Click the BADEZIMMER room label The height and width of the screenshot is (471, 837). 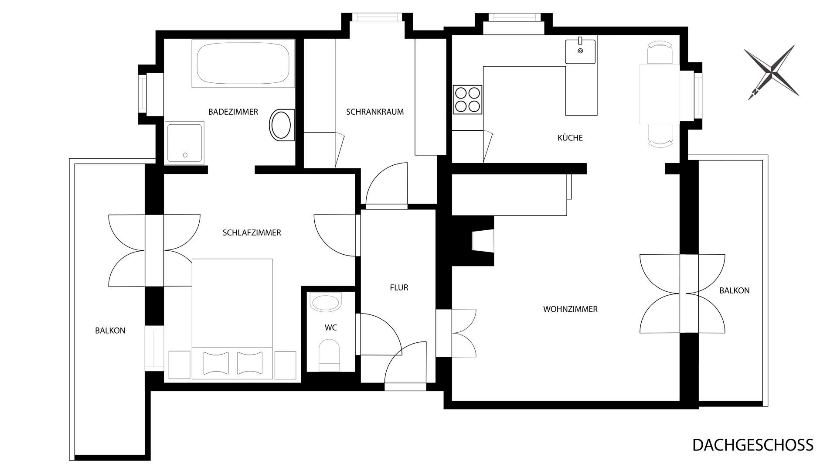tap(233, 112)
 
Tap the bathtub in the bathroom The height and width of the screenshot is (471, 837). tap(243, 63)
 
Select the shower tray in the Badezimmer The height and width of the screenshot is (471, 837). tap(184, 143)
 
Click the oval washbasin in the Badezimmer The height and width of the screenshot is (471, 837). tap(281, 125)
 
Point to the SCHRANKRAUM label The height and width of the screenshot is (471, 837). tap(375, 112)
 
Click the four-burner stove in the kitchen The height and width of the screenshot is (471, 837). tap(468, 99)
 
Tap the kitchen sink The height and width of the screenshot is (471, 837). tap(581, 51)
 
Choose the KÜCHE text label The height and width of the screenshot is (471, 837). tap(570, 138)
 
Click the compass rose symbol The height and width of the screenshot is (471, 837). tap(771, 72)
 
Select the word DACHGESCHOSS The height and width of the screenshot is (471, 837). tap(753, 445)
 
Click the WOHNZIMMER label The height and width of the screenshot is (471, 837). tap(570, 309)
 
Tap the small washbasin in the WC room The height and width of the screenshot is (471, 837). tap(325, 302)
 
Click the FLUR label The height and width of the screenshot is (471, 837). tap(399, 288)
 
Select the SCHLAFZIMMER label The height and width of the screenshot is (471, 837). tap(252, 233)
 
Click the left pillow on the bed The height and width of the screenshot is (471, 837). tap(216, 363)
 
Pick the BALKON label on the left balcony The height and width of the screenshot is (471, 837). tap(110, 331)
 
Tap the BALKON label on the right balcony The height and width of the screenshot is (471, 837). tap(735, 290)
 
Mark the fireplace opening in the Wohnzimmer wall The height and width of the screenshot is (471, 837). tap(483, 241)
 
